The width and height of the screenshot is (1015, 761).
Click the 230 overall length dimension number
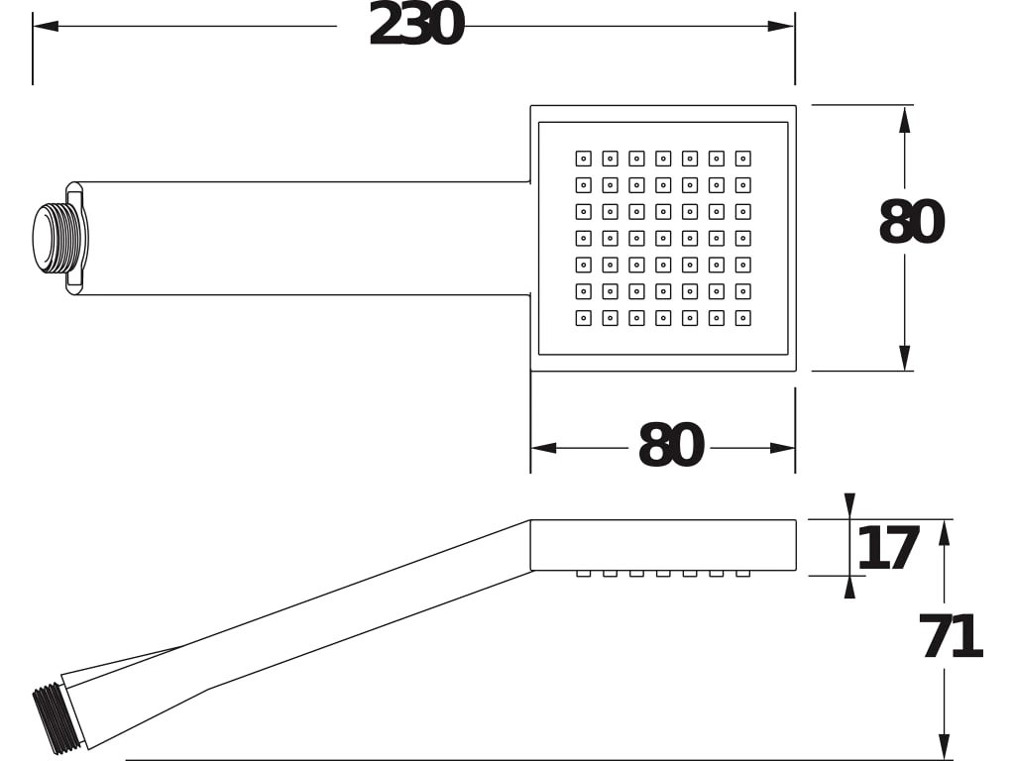(x=416, y=25)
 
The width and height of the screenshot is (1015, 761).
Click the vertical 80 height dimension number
(x=912, y=222)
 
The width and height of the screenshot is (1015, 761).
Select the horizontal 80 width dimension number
(x=671, y=445)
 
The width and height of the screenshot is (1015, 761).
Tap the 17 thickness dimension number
(x=888, y=548)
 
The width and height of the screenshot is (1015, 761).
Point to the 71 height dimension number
(x=951, y=636)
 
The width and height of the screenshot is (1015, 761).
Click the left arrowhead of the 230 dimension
(x=46, y=26)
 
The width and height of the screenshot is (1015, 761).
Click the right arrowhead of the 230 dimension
(x=781, y=26)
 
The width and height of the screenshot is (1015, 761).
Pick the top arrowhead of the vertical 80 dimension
(x=905, y=120)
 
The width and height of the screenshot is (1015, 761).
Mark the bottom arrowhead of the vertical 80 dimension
(x=905, y=358)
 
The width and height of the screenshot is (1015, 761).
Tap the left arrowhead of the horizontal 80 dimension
(x=544, y=448)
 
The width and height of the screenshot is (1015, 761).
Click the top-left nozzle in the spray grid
(x=583, y=159)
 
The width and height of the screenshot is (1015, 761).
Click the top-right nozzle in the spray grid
(x=743, y=159)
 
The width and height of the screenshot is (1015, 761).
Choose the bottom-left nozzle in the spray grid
(x=583, y=318)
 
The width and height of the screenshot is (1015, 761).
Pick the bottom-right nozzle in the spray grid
(x=743, y=318)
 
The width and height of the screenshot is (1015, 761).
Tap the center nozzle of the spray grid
(x=663, y=238)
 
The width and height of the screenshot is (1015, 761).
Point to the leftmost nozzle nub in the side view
(x=583, y=574)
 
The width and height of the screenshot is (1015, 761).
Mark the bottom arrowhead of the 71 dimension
(x=945, y=747)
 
